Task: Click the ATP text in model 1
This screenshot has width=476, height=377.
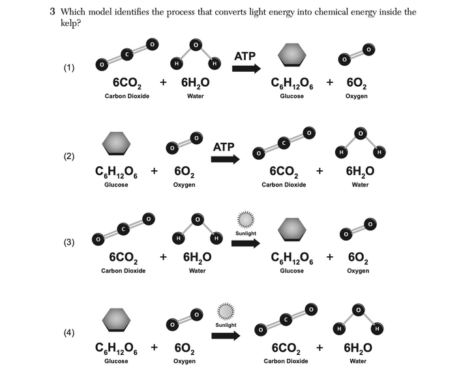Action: [245, 57]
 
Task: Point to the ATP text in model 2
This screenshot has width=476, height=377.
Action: [224, 147]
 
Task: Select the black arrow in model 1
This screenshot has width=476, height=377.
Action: [246, 68]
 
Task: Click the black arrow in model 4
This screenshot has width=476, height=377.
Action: [226, 335]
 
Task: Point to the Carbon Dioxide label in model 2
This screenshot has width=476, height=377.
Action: [284, 185]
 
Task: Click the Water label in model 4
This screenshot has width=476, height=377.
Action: [358, 361]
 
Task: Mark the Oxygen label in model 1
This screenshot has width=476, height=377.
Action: [357, 96]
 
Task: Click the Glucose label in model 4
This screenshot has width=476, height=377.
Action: [116, 361]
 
